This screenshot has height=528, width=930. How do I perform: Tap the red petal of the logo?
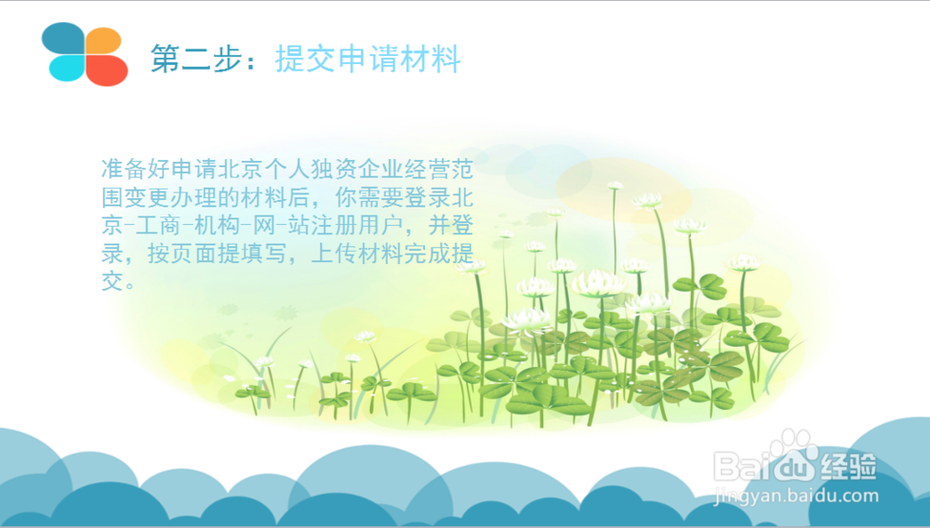tap(107, 71)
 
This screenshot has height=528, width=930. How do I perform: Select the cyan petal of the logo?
tap(66, 68)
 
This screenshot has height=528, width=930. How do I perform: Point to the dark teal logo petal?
tap(63, 38)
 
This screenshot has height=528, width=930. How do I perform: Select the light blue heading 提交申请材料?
tap(367, 58)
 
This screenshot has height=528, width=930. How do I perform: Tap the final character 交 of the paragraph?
tap(113, 282)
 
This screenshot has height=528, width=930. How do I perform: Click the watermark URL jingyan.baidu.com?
tap(797, 495)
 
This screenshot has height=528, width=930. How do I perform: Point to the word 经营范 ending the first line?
tap(439, 169)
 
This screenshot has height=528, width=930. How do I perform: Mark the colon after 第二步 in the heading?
tap(251, 61)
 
